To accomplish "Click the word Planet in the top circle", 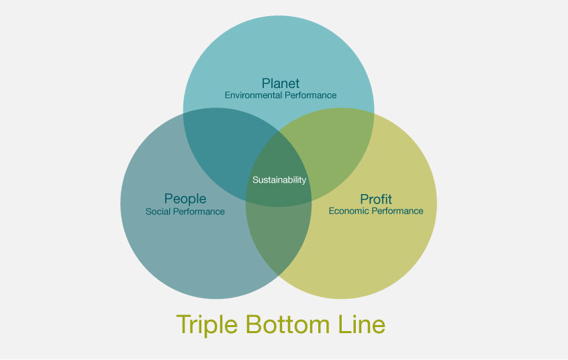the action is [x=281, y=83].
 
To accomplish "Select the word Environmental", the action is [x=253, y=95].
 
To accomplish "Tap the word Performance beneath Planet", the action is [x=310, y=95].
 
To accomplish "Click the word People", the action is [x=185, y=199].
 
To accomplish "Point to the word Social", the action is [x=157, y=212].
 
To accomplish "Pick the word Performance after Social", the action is [x=199, y=212].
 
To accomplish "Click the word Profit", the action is [x=376, y=199].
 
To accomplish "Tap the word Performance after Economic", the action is [x=397, y=211].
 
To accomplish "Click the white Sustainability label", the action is [x=279, y=180].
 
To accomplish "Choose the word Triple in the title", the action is [x=207, y=325].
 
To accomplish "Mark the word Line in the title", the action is [x=361, y=324].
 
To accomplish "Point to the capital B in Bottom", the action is [x=254, y=324].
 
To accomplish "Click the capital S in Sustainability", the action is [x=255, y=180].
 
